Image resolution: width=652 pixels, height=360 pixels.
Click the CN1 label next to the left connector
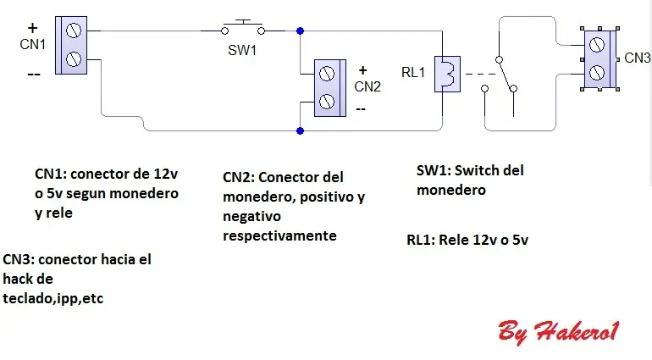pyautogui.click(x=32, y=44)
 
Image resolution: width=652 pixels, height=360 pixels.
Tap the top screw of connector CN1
pyautogui.click(x=73, y=30)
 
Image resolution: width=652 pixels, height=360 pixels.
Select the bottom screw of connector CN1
pyautogui.click(x=73, y=59)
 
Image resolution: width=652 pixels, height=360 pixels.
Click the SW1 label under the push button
pyautogui.click(x=242, y=50)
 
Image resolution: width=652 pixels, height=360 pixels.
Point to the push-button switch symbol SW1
pyautogui.click(x=243, y=27)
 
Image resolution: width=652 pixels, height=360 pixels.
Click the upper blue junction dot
pyautogui.click(x=300, y=30)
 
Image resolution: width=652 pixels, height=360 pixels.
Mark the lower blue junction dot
pyautogui.click(x=300, y=131)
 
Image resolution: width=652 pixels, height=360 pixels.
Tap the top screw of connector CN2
pyautogui.click(x=326, y=74)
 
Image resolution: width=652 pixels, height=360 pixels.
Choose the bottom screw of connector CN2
pyautogui.click(x=326, y=102)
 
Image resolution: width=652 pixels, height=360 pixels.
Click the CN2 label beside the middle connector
pyautogui.click(x=367, y=86)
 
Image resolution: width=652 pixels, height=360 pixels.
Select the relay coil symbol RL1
pyautogui.click(x=447, y=74)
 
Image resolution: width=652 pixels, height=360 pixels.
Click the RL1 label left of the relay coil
pyautogui.click(x=413, y=72)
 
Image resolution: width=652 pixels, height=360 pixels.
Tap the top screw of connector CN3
pyautogui.click(x=597, y=45)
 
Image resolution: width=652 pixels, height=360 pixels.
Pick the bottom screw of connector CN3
pyautogui.click(x=597, y=72)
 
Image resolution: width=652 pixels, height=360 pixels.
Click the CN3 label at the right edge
pyautogui.click(x=637, y=58)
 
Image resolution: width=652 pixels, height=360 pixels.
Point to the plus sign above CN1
pyautogui.click(x=32, y=28)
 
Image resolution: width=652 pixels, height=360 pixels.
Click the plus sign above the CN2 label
pyautogui.click(x=362, y=70)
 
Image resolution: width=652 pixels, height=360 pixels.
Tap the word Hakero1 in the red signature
pyautogui.click(x=577, y=332)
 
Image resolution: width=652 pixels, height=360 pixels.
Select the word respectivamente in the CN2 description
pyautogui.click(x=279, y=236)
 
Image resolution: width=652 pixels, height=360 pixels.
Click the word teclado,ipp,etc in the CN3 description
pyautogui.click(x=52, y=298)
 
